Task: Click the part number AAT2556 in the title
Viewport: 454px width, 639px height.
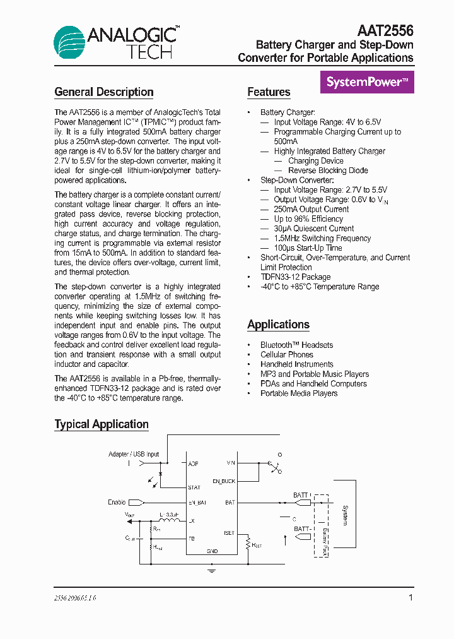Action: (385, 31)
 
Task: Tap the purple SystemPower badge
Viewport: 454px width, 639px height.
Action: (367, 82)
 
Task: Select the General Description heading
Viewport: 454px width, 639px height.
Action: (104, 92)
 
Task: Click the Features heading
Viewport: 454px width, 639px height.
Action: (269, 92)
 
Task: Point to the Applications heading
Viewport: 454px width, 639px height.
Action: (278, 325)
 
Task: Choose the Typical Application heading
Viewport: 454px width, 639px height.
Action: (102, 424)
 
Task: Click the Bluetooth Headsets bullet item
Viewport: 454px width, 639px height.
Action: (296, 345)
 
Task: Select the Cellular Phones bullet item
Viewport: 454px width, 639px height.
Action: (287, 355)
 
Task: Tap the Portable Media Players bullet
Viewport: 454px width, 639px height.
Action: (299, 393)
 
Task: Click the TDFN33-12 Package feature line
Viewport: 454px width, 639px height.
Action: (295, 277)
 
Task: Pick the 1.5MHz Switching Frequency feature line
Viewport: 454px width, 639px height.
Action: (322, 238)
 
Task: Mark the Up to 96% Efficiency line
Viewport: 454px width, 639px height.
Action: (308, 219)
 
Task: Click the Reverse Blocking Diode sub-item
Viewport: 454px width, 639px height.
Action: (328, 170)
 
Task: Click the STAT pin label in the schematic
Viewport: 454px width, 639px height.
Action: (194, 487)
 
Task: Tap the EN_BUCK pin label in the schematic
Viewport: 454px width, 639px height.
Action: (224, 481)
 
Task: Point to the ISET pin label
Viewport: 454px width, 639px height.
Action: (229, 533)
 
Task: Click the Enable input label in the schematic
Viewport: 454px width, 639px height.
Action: (117, 503)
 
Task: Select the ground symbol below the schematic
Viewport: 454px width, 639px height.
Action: (212, 570)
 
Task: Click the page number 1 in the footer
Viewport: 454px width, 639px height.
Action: (410, 597)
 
